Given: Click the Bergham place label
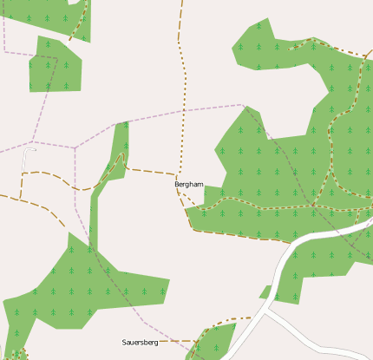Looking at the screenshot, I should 188,185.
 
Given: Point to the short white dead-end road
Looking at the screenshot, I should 24,169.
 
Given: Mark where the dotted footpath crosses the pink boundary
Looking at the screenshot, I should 184,111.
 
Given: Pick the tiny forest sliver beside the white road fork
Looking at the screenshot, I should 265,292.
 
